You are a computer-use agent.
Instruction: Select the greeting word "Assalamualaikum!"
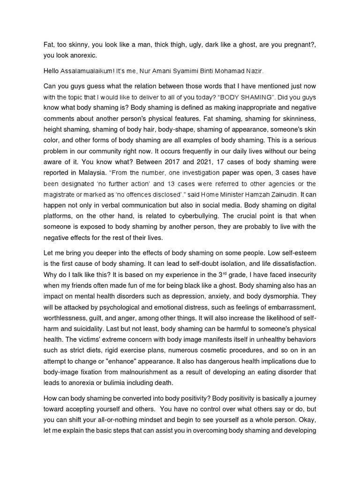(x=84, y=71)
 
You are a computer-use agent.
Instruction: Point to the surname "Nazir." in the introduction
(x=254, y=71)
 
